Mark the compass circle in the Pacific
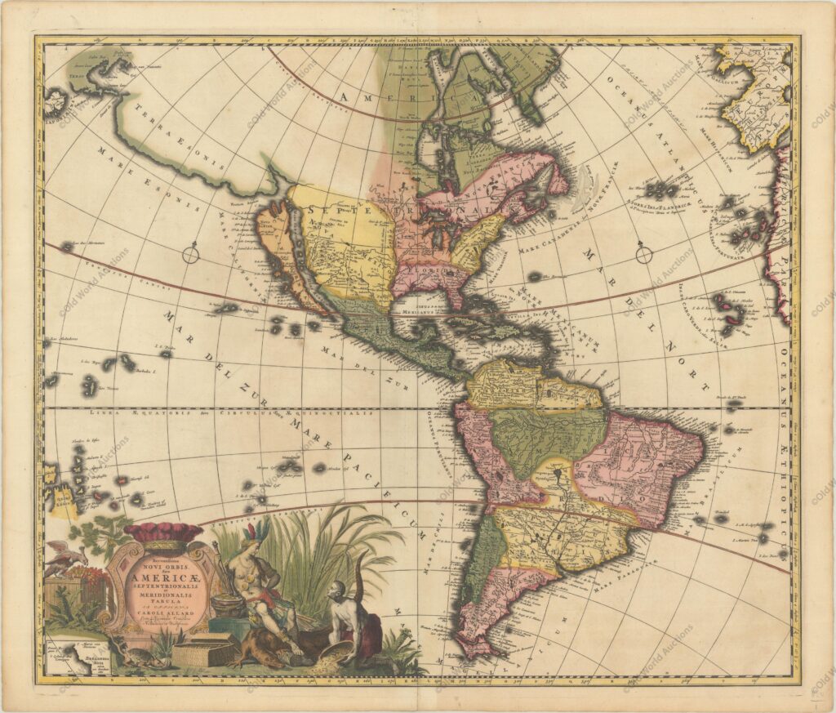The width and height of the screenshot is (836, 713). pyautogui.click(x=191, y=255)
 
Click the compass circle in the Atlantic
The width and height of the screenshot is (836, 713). pyautogui.click(x=644, y=254)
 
